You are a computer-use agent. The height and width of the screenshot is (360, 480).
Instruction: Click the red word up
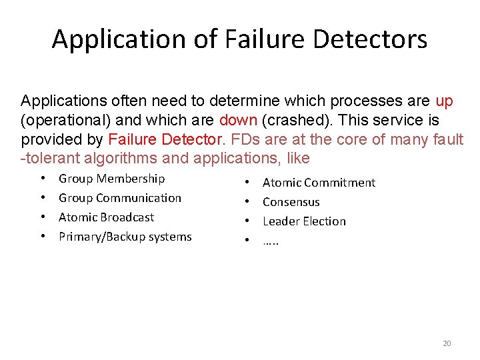coord(444,101)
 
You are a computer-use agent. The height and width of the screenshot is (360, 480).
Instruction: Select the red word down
coord(238,121)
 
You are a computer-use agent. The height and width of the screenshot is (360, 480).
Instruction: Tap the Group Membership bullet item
coord(111,179)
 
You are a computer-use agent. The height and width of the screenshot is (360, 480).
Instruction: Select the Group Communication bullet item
coord(119,198)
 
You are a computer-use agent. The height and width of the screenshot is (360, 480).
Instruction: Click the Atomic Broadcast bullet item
coord(106,217)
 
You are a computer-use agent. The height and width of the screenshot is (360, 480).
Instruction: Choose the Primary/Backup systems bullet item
coord(125,237)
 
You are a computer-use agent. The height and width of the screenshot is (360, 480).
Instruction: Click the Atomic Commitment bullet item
coord(319,183)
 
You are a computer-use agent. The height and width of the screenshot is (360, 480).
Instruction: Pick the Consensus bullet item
coord(291,202)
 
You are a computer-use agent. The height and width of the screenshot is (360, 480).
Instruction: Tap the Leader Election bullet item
coord(304,221)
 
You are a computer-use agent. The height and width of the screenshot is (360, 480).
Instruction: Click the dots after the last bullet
coord(271,241)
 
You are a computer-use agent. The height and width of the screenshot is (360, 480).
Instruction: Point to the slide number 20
coord(447,343)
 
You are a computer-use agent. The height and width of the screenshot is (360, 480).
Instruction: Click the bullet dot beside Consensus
coord(247,202)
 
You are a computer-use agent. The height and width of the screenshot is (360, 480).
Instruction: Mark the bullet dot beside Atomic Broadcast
coord(43,217)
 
